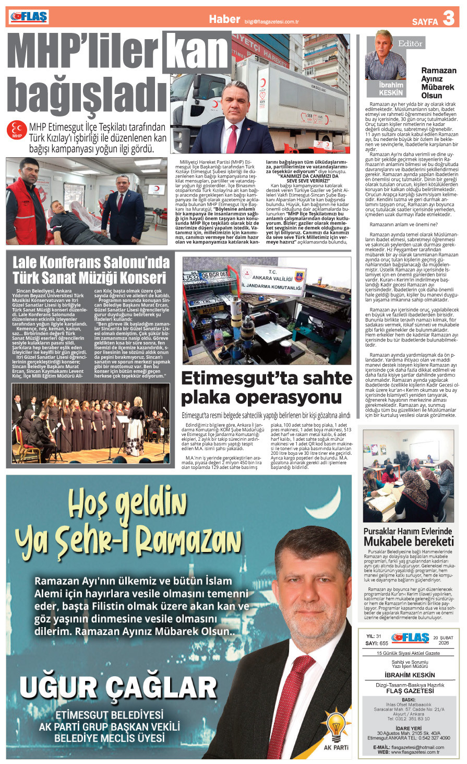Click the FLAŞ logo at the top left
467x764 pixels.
[x=29, y=17]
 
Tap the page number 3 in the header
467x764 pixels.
[x=448, y=19]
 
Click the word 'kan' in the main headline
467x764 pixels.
[x=197, y=52]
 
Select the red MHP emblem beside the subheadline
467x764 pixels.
[x=17, y=130]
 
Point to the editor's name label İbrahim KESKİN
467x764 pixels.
[x=391, y=88]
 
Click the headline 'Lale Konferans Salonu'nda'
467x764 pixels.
[x=91, y=261]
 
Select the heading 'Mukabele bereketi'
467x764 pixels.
[x=409, y=541]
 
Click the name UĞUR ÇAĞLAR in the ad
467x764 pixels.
[x=118, y=688]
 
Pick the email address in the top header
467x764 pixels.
[x=271, y=21]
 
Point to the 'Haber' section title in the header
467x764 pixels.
[x=224, y=19]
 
